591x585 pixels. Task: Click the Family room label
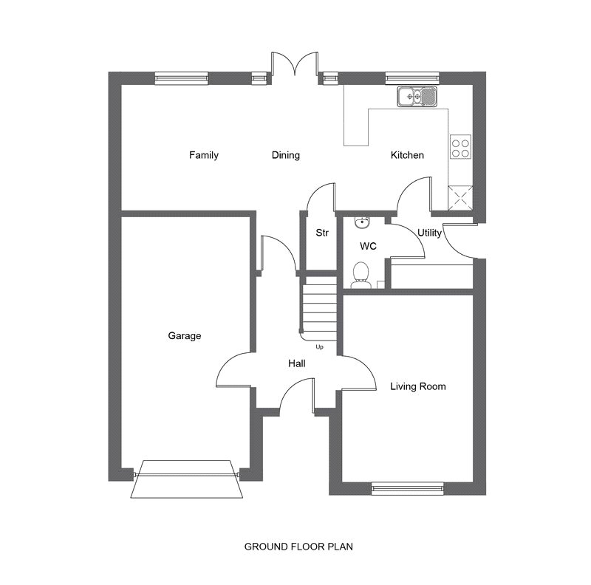[x=204, y=155]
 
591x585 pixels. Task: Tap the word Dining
[x=286, y=155]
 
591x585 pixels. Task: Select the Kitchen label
[x=407, y=155]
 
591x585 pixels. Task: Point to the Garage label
[x=184, y=336]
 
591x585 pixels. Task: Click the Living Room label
[x=418, y=386]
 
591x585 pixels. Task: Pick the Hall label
[x=297, y=363]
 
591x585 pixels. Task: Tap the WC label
[x=368, y=246]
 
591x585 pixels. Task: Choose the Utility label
[x=429, y=233]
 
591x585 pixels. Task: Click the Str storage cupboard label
[x=322, y=233]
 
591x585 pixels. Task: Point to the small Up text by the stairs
[x=319, y=346]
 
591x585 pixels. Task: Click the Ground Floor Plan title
[x=298, y=547]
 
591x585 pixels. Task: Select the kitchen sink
[x=417, y=97]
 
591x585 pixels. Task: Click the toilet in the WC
[x=361, y=276]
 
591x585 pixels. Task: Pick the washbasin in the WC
[x=362, y=223]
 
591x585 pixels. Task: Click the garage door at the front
[x=187, y=479]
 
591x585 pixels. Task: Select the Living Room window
[x=408, y=488]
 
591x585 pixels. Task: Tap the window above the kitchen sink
[x=412, y=78]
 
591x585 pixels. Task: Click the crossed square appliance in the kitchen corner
[x=460, y=198]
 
